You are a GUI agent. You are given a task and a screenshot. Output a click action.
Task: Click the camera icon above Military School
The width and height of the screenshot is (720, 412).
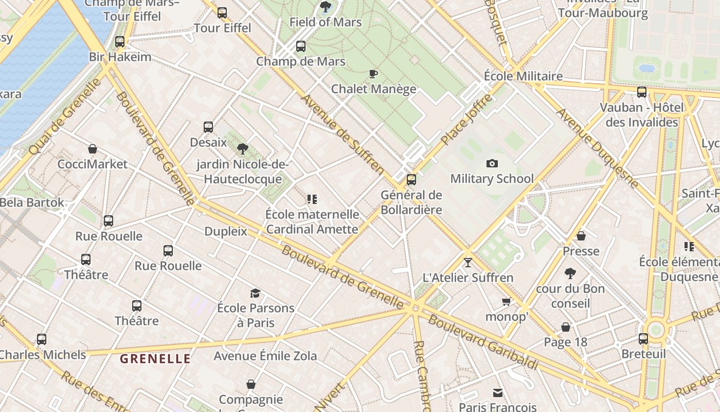tap(492, 164)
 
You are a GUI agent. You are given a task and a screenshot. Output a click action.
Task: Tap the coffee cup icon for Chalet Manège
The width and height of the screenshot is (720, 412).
tap(373, 74)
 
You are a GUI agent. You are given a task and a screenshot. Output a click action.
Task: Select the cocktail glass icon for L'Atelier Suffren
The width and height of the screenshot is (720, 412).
tap(467, 263)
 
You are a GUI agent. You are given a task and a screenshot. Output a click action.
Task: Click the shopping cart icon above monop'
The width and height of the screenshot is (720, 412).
tap(507, 302)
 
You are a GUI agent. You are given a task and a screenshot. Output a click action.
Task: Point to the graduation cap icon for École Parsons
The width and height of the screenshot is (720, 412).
tap(255, 294)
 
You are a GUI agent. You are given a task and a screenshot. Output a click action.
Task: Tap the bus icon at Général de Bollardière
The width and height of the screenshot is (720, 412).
tap(411, 180)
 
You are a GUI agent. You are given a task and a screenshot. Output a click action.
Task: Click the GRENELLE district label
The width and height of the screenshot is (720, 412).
tap(155, 359)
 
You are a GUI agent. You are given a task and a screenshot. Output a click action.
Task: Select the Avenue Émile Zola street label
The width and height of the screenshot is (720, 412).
tap(265, 356)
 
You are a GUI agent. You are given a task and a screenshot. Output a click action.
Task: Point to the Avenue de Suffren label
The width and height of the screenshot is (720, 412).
tap(343, 134)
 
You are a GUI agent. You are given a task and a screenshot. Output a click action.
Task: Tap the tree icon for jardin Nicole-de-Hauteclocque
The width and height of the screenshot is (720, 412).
tap(243, 149)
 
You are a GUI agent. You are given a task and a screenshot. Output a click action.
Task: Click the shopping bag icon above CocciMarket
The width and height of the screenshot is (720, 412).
tap(93, 149)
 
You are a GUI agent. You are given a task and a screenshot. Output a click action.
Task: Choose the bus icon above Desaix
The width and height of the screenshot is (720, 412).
tap(208, 127)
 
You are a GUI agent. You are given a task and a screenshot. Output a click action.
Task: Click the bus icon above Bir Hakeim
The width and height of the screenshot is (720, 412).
tap(120, 42)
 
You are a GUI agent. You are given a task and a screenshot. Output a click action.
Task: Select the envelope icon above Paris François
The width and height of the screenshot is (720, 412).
tap(497, 393)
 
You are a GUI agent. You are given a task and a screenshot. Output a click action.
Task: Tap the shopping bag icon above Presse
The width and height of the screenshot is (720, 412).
tap(581, 236)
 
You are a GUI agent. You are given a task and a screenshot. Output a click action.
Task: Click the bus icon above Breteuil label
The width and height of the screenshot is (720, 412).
tap(643, 339)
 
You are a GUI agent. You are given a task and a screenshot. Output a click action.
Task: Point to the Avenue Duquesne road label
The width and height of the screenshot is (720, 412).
tap(598, 148)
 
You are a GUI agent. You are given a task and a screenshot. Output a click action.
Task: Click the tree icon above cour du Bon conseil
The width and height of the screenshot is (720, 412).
tap(570, 273)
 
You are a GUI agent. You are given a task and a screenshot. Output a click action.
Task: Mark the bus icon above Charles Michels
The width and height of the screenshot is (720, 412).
tap(42, 340)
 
